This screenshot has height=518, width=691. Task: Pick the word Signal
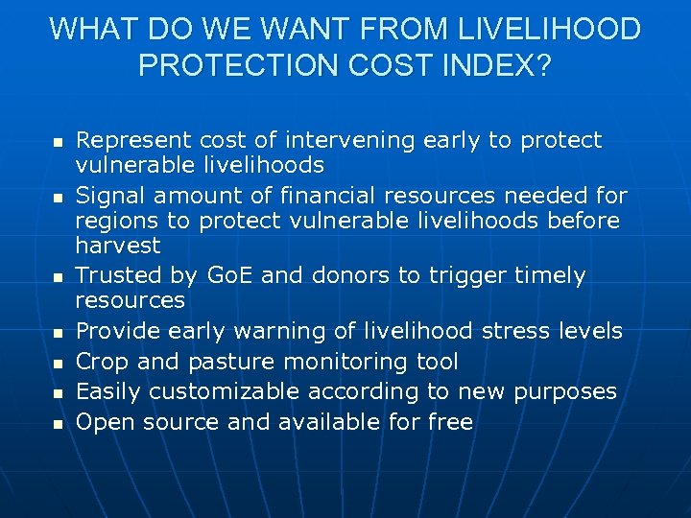106,197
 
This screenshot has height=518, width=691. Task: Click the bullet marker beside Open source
57,423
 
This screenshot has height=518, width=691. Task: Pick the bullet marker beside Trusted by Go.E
57,277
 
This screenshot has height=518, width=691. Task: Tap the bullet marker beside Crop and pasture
57,363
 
